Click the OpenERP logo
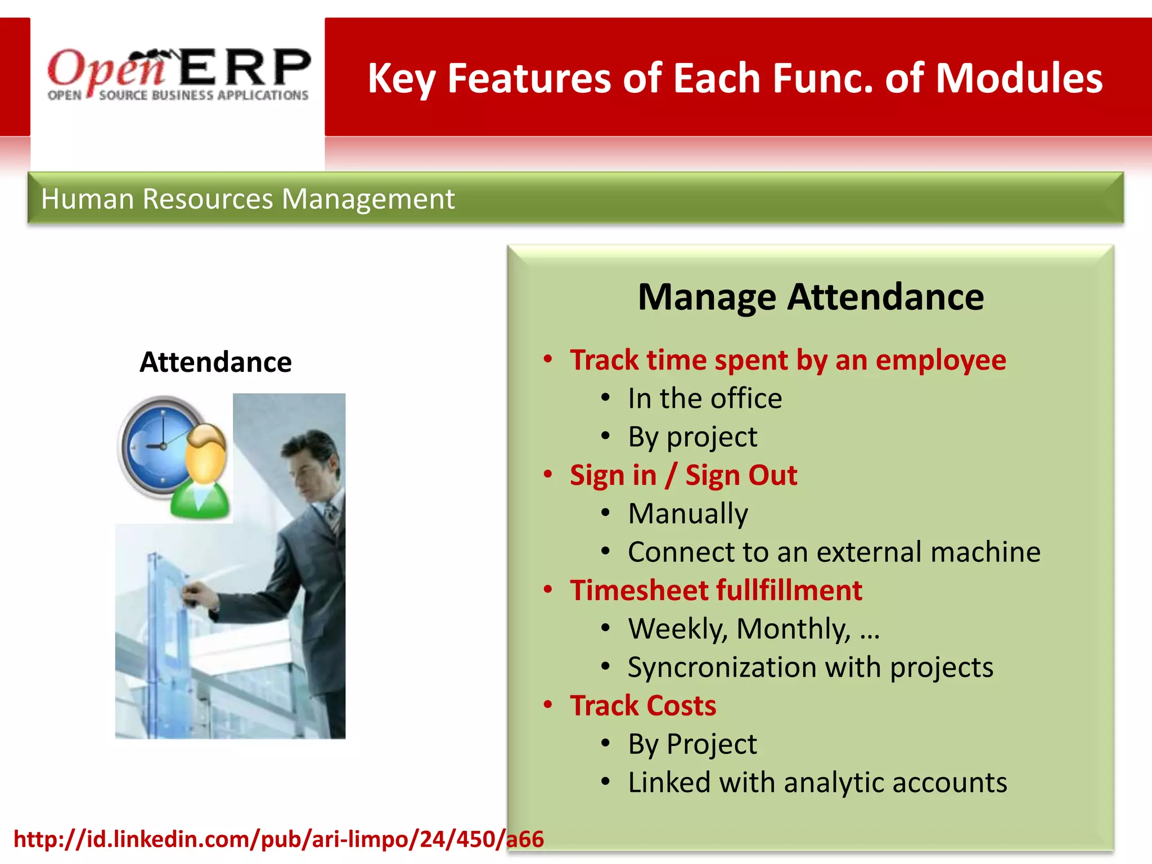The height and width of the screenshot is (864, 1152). coord(178,75)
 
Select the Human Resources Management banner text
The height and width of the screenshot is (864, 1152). coord(247,199)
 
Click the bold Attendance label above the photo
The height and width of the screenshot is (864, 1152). coord(215,362)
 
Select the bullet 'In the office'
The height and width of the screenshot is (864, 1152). coord(704,398)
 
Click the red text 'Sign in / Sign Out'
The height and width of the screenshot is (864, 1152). coord(683,475)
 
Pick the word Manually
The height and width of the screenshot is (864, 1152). coord(687,514)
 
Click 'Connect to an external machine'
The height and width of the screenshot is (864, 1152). coord(834,552)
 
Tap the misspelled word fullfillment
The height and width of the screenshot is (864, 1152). coord(789,590)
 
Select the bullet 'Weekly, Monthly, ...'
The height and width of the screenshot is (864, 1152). coord(753,629)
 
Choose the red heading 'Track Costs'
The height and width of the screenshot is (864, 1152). coord(643,705)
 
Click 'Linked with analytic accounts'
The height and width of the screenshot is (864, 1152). coord(817,782)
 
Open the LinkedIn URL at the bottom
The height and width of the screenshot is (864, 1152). coord(278,839)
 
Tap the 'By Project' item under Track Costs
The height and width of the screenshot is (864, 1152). coord(692,744)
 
